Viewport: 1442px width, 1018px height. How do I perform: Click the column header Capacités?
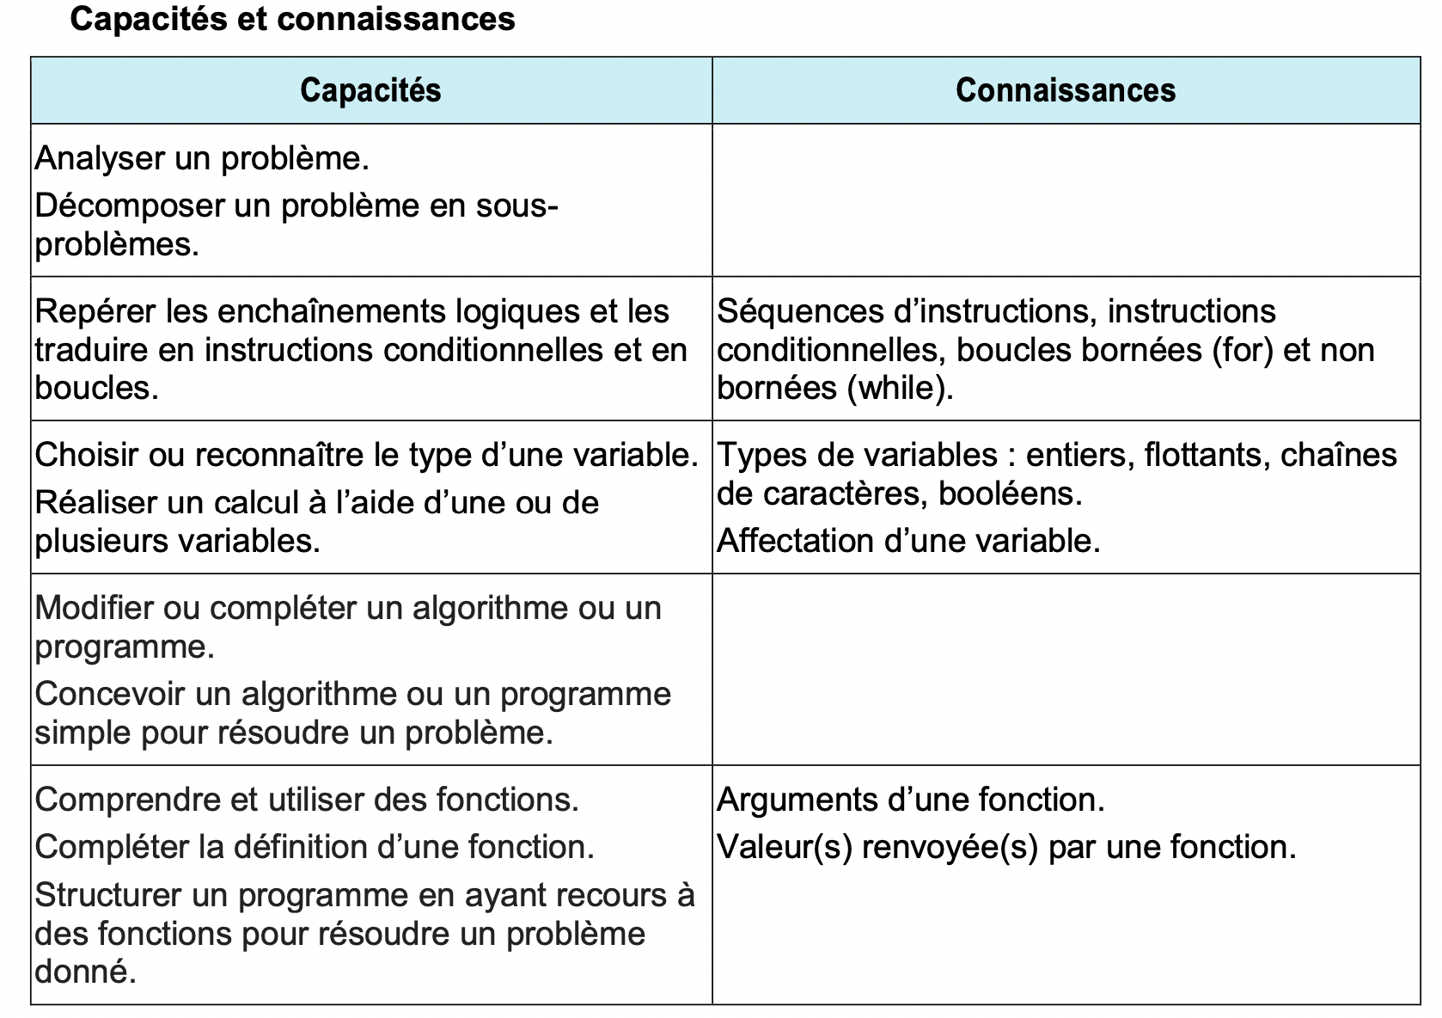[x=370, y=90]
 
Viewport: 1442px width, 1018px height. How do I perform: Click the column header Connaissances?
[x=1065, y=90]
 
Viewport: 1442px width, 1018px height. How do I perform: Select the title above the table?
[x=292, y=19]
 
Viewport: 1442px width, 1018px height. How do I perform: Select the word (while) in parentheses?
[x=900, y=389]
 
